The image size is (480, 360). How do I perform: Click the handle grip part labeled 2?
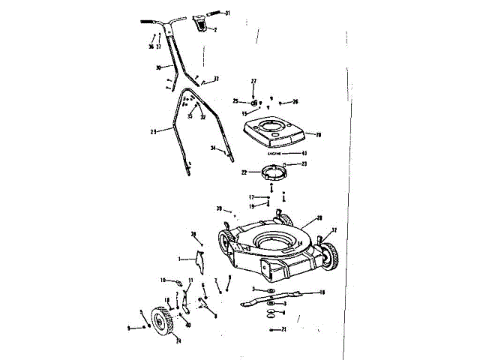[201, 25]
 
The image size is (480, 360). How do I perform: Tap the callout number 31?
[228, 13]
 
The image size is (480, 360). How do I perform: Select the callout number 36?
[151, 46]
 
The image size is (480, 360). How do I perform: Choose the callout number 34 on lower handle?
[212, 148]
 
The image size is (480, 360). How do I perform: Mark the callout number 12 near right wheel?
[334, 230]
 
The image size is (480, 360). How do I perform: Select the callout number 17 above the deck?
[252, 197]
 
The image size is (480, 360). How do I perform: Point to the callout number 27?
[253, 81]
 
